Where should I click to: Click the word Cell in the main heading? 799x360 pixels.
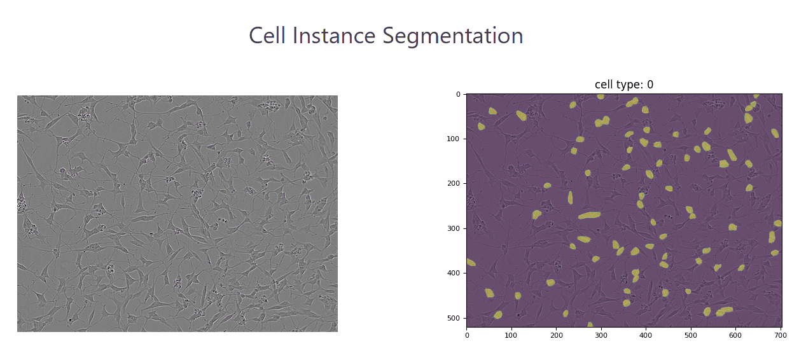coord(267,36)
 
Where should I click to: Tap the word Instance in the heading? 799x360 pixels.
coord(334,36)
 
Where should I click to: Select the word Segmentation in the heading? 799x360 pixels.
coord(453,37)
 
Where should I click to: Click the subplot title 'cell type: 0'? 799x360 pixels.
coord(624,85)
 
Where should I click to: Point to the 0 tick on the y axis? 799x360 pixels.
coord(459,94)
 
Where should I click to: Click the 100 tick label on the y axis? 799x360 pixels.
coord(453,139)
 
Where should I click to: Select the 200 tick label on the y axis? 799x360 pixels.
coord(453,183)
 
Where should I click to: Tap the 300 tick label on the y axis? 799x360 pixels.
coord(453,228)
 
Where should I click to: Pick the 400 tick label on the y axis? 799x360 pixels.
coord(453,273)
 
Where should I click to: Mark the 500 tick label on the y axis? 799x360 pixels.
coord(453,318)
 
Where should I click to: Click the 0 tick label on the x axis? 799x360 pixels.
coord(467,335)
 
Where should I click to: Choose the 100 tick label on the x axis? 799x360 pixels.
coord(511,335)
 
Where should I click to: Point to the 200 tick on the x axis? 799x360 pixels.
coord(556,335)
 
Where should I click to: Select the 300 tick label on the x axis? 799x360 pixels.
coord(601,335)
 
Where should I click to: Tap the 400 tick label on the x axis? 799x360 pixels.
coord(646,335)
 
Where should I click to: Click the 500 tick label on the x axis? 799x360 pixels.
coord(691,335)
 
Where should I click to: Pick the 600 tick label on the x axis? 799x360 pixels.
coord(735,335)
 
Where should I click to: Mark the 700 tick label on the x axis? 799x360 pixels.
coord(780,335)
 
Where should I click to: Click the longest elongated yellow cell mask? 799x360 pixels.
coord(589,215)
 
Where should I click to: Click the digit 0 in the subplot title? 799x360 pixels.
coord(650,85)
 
